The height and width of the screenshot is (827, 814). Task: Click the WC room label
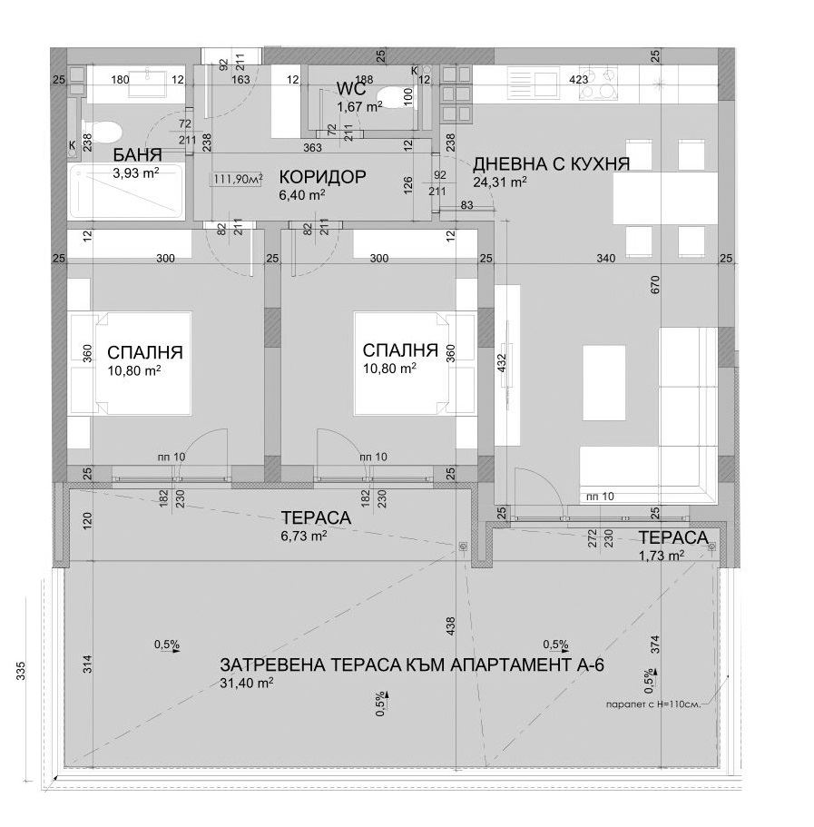(x=350, y=87)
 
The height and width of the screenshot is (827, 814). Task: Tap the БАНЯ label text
(x=138, y=155)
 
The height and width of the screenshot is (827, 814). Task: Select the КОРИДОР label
(x=322, y=177)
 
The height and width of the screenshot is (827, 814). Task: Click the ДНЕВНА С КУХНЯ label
(x=551, y=164)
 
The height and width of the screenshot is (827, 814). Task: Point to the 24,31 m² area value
(x=500, y=182)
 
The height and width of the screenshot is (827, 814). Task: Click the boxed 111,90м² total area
(x=239, y=180)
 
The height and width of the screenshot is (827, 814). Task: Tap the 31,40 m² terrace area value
(x=246, y=683)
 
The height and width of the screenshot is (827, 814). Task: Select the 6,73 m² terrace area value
(x=304, y=536)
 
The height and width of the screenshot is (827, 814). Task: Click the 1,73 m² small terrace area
(x=662, y=556)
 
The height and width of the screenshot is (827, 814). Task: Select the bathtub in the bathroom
(x=126, y=191)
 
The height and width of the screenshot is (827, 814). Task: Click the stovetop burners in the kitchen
(x=598, y=83)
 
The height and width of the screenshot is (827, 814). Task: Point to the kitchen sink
(x=533, y=83)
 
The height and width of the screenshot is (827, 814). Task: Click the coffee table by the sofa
(x=604, y=382)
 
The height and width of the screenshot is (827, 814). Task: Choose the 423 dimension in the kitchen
(x=579, y=80)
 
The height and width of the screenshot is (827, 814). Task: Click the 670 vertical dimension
(x=655, y=285)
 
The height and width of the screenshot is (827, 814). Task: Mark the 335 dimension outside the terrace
(x=21, y=671)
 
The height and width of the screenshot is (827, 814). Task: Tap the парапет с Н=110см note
(x=653, y=704)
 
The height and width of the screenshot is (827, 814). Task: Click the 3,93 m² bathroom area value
(x=136, y=173)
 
